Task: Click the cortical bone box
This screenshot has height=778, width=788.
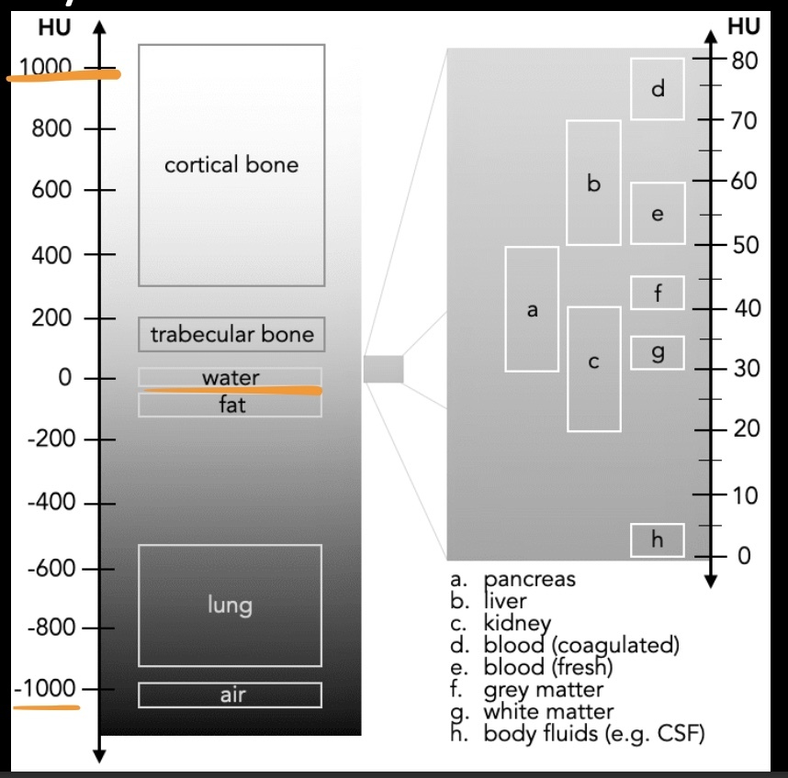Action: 231,165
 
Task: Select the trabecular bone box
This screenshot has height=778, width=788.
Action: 231,334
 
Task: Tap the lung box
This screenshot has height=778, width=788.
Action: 230,605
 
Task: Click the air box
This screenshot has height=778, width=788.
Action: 230,695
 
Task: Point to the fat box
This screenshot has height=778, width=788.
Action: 231,406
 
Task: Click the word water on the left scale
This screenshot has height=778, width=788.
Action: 231,377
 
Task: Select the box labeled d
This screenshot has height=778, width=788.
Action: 657,89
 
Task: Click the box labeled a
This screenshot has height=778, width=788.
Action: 532,309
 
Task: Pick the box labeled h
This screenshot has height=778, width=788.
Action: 657,539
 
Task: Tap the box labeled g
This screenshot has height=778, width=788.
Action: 657,352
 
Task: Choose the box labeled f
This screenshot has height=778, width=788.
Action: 657,293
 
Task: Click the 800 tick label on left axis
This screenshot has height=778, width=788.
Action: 52,128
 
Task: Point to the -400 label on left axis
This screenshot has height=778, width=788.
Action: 49,504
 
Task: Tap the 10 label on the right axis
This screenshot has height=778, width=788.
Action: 745,496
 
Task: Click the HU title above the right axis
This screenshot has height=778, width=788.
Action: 744,28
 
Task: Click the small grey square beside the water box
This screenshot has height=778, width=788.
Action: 383,369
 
